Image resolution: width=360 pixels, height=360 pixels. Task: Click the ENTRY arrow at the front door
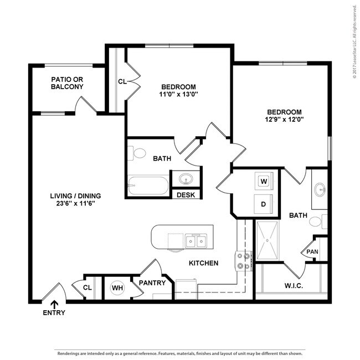(x=54, y=304)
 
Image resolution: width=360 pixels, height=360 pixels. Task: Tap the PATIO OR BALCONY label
(x=67, y=83)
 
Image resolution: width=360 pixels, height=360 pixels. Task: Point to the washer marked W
(x=264, y=181)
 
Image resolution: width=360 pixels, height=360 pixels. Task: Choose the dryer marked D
(x=264, y=203)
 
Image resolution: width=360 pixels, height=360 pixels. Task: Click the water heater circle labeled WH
(x=117, y=287)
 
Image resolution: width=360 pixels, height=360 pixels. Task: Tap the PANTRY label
(x=152, y=282)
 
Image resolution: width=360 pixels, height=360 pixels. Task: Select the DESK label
(x=186, y=194)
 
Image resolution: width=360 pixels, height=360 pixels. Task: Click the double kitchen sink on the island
(x=196, y=241)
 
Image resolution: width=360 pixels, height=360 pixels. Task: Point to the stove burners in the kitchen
(x=243, y=260)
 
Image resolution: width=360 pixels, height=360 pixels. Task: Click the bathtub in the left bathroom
(x=147, y=185)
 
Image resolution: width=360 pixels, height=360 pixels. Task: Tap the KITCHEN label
(x=203, y=263)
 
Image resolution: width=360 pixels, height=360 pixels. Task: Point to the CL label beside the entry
(x=87, y=287)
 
